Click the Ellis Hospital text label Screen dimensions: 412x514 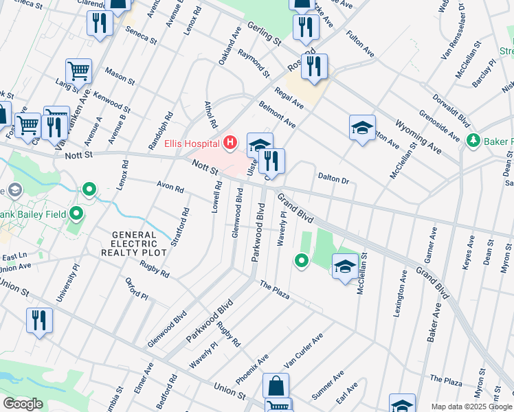coord(192,144)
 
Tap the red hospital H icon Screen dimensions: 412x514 coord(231,143)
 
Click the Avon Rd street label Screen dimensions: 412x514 coord(170,186)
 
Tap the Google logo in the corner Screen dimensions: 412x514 coord(23,404)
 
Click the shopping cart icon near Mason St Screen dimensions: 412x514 coord(78,70)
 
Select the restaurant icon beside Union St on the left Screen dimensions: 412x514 coord(39,320)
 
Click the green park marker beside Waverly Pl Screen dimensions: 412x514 coord(301,260)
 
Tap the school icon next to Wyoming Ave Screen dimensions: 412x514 coord(362,128)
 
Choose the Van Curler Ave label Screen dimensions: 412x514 coord(303,351)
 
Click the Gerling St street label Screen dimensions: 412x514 coord(265,32)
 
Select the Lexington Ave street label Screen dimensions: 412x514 coord(399,295)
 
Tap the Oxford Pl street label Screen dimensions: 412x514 coord(137,288)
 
